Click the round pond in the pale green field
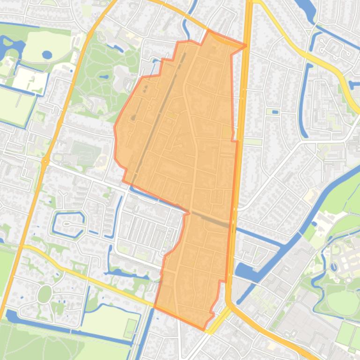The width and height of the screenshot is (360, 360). click(47, 55)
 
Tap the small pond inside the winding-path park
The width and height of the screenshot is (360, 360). click(104, 76)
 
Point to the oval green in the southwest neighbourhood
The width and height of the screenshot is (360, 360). click(44, 294)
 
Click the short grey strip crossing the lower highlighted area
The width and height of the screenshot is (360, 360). click(211, 219)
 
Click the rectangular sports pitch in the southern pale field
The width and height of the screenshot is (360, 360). click(130, 329)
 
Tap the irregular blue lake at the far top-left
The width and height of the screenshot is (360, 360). click(12, 47)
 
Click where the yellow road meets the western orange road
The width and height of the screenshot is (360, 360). click(23, 246)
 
